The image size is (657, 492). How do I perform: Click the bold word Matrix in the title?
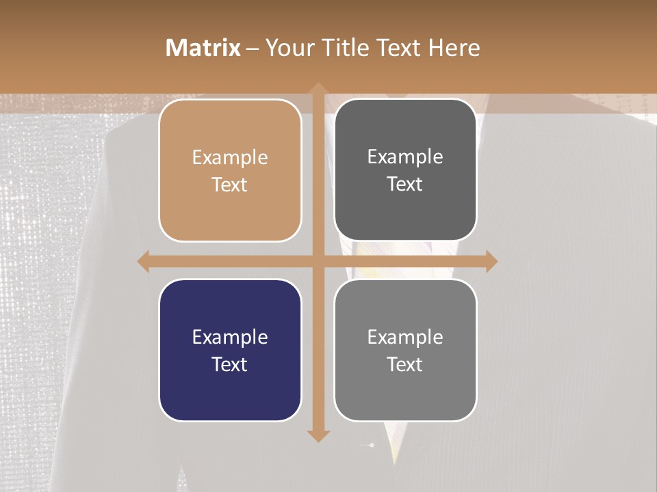click(203, 48)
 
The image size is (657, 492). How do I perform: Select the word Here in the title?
click(454, 48)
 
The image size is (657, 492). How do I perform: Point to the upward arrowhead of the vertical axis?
click(318, 89)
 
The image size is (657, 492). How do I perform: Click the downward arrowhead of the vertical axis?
click(318, 435)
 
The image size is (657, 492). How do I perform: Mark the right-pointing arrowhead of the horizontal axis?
click(491, 261)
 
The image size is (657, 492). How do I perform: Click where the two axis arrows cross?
click(318, 261)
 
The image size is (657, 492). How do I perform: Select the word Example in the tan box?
click(230, 158)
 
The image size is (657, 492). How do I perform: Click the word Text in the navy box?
click(230, 364)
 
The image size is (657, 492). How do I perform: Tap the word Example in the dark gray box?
click(405, 157)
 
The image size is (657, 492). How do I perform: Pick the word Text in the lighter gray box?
click(405, 364)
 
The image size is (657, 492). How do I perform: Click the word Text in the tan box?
click(230, 185)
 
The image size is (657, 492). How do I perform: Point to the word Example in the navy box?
click(230, 337)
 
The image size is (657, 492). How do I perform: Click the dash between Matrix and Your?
click(253, 49)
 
